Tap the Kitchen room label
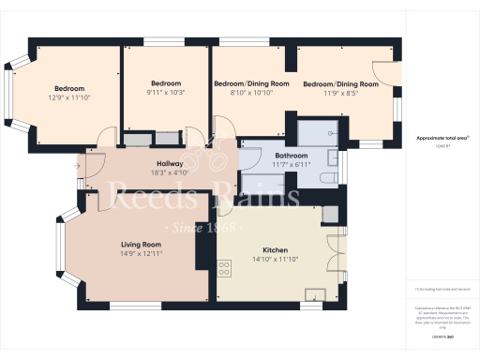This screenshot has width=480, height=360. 275,250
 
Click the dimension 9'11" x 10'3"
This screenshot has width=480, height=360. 166,92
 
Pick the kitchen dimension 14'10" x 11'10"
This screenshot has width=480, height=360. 275,260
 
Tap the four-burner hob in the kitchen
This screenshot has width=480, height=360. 225,268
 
